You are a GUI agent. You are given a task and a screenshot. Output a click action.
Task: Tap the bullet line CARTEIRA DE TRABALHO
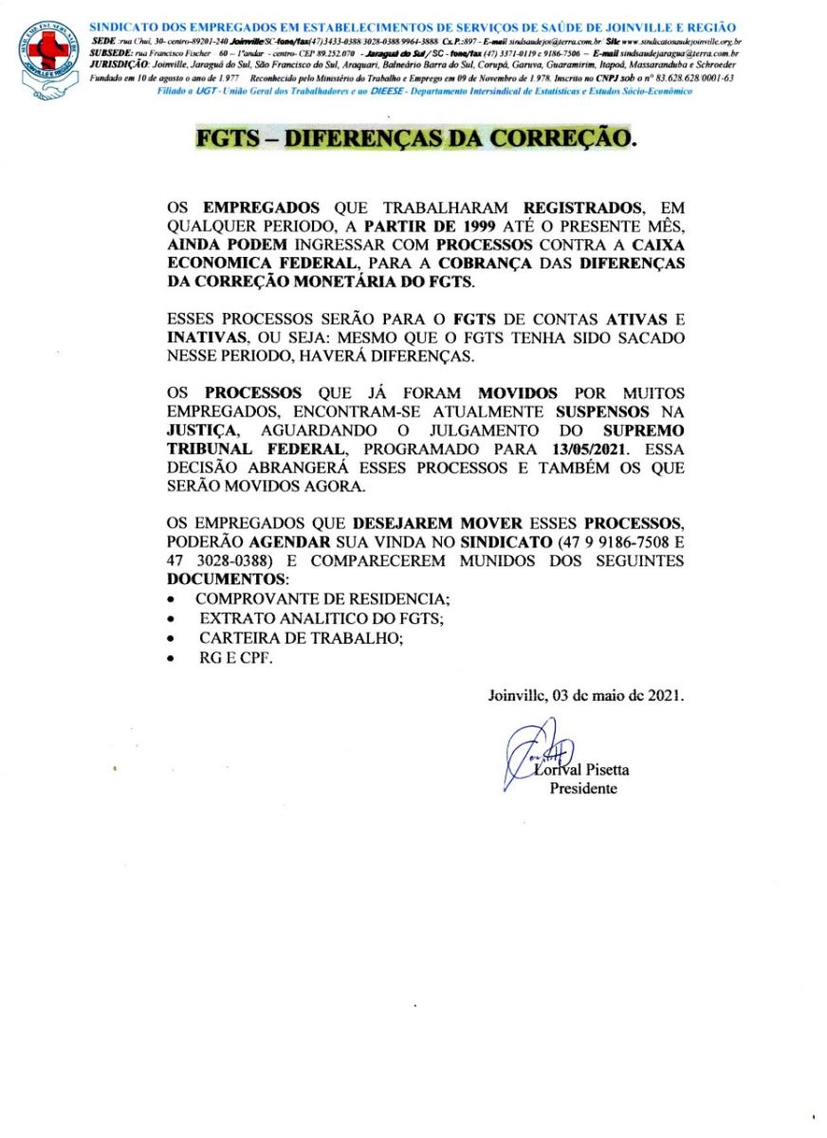300,638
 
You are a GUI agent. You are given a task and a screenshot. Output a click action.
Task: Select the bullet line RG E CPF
234,658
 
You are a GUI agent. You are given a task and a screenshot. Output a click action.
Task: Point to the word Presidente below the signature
583,788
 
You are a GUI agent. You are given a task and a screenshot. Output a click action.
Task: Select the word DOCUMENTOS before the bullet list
226,578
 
